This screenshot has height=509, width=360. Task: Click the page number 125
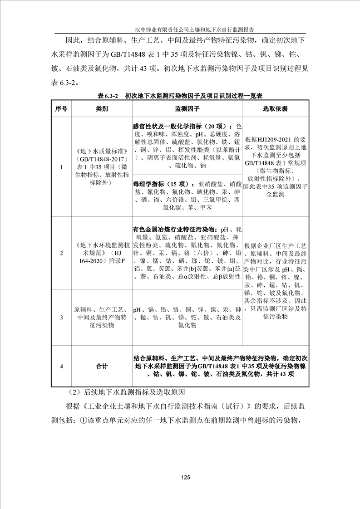(x=184, y=477)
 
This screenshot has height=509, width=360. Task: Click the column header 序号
(x=61, y=109)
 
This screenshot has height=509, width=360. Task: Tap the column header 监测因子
(x=187, y=109)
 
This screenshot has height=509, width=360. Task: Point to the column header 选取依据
(x=275, y=109)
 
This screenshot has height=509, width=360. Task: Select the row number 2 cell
(x=61, y=253)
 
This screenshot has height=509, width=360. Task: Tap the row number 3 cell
(x=61, y=317)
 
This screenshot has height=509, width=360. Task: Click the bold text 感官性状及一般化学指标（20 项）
(x=181, y=126)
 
